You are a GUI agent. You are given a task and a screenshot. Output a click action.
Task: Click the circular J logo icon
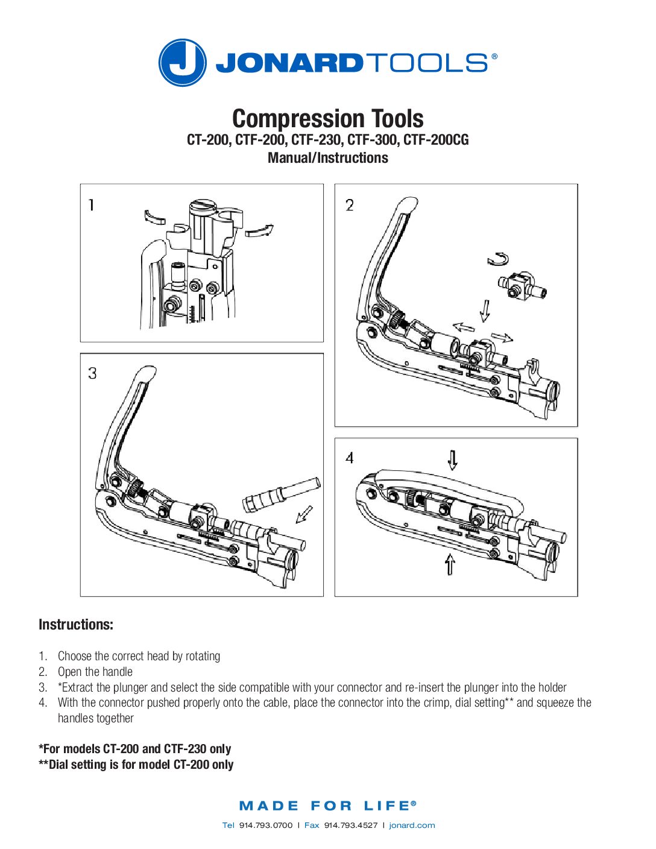coord(182,62)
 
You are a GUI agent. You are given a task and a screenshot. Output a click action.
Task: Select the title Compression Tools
coord(328,118)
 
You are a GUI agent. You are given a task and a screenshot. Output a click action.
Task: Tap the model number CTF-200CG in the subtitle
coord(436,140)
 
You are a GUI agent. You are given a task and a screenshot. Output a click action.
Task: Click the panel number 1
coord(91,205)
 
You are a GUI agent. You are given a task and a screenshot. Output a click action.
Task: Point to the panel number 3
coord(92,373)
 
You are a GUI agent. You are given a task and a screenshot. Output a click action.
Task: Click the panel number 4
coord(350,458)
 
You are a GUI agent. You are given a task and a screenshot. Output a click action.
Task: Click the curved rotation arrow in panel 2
coord(498,259)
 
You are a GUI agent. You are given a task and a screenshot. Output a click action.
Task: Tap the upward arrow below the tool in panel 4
coord(450,564)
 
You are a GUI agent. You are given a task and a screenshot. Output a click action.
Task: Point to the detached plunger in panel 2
coord(522,286)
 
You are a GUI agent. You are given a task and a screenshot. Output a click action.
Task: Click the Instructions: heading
coord(76,624)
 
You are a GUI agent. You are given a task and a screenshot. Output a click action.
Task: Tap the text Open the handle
coord(95,672)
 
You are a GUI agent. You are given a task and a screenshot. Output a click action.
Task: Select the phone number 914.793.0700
coord(266,825)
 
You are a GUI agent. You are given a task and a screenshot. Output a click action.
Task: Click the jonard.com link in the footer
coord(412,825)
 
